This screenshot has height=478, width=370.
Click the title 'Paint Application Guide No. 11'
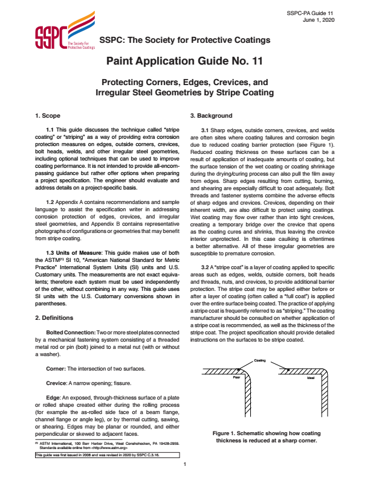[x=184, y=61]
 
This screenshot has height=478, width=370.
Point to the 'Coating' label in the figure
[x=260, y=360]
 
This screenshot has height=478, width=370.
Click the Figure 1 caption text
[x=262, y=437]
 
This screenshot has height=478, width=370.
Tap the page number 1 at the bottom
[x=184, y=465]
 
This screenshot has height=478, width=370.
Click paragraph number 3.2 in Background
[x=206, y=266]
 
